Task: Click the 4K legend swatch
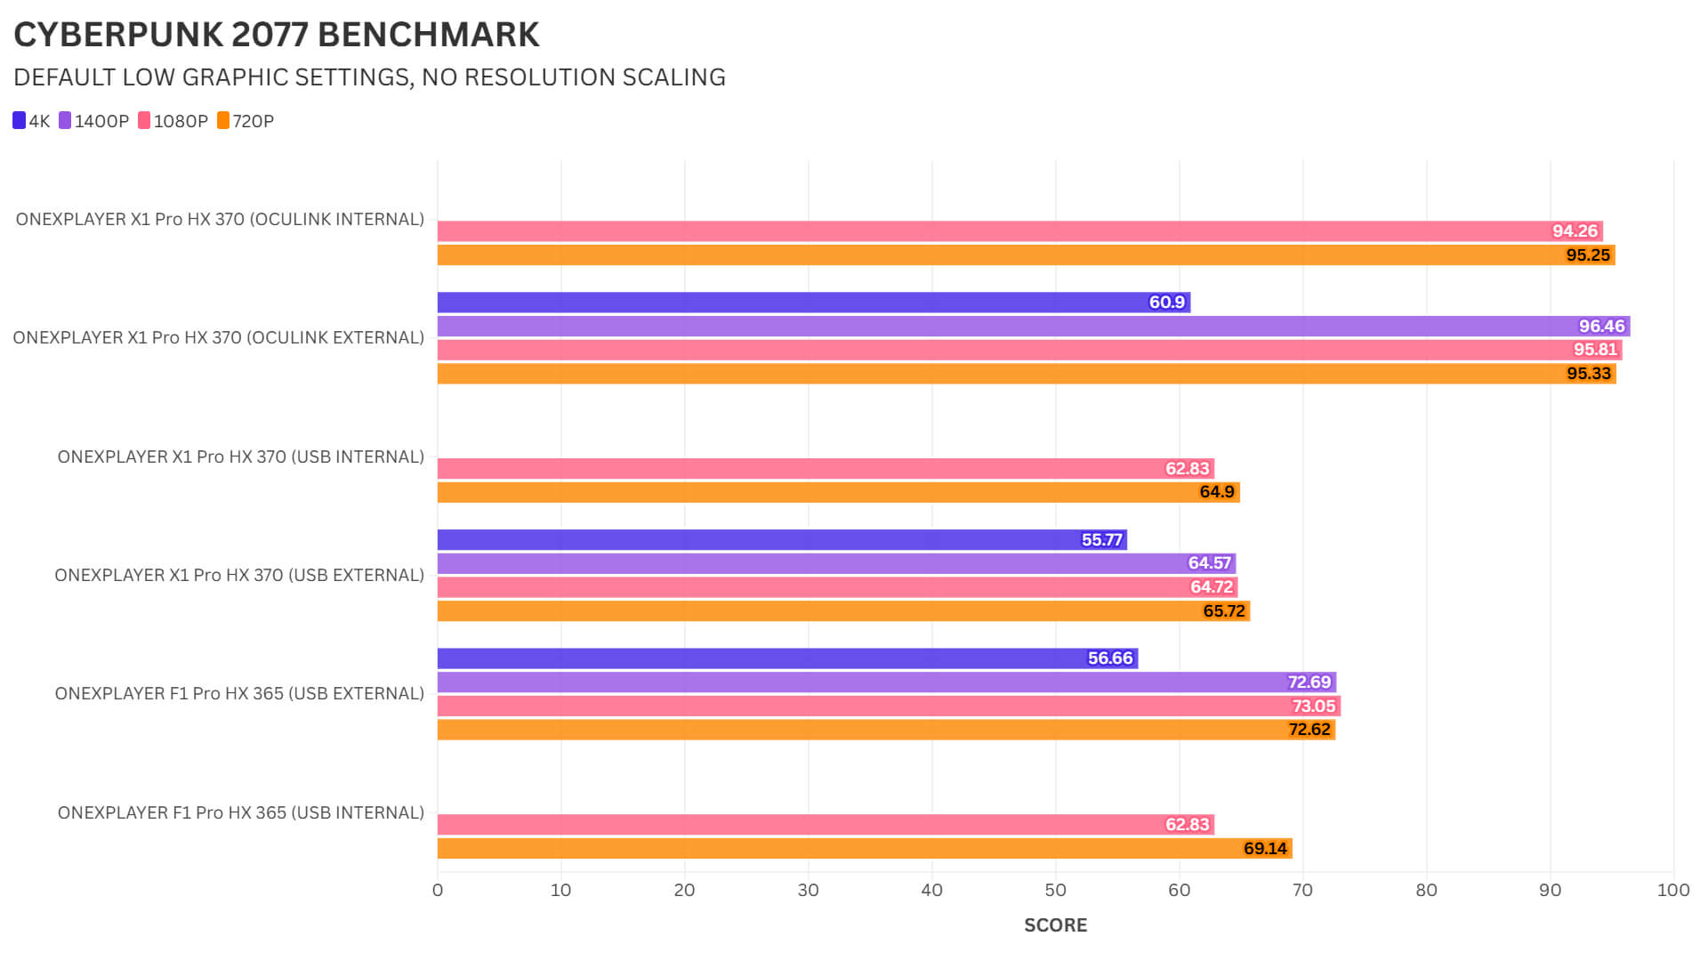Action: click(x=20, y=120)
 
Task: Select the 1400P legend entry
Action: click(x=94, y=121)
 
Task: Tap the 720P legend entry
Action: click(x=246, y=121)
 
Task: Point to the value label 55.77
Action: click(x=1101, y=540)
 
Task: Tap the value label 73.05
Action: click(x=1313, y=707)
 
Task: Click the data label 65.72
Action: click(x=1224, y=611)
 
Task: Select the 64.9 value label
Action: click(x=1216, y=492)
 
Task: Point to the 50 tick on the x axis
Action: click(x=1055, y=891)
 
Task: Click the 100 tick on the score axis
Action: click(x=1672, y=891)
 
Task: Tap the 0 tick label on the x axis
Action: click(x=438, y=891)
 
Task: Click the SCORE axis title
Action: click(x=1055, y=925)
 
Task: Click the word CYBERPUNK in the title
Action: click(x=118, y=35)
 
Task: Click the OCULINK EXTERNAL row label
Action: click(x=219, y=338)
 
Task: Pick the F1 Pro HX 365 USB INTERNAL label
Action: click(x=240, y=813)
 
